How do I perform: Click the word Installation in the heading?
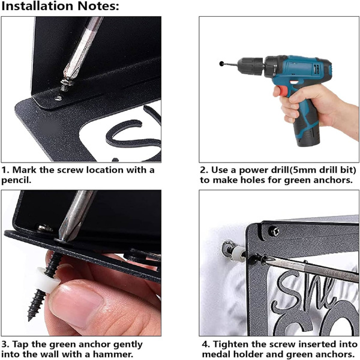[x=38, y=6]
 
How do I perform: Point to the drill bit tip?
[x=221, y=64]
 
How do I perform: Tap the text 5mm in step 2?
[x=302, y=170]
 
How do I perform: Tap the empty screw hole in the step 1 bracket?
[x=59, y=98]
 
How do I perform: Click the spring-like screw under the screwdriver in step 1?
[x=65, y=84]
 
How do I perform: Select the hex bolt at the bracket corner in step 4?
[x=274, y=231]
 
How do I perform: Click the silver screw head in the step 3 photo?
[x=45, y=228]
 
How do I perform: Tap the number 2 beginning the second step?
[x=203, y=170]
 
